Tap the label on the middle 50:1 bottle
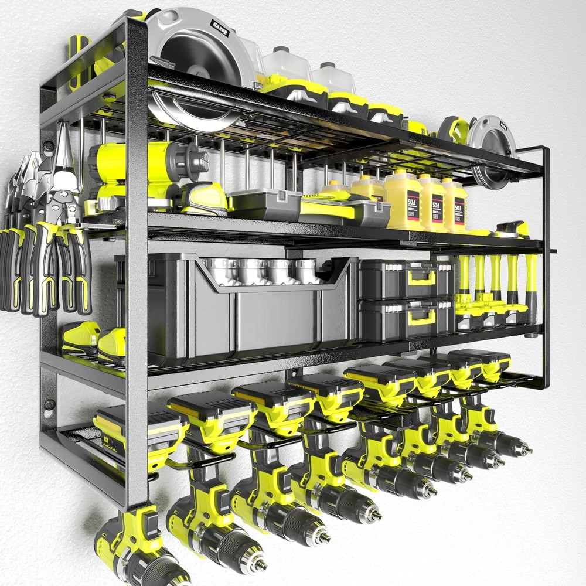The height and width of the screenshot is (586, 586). coord(437,207)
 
